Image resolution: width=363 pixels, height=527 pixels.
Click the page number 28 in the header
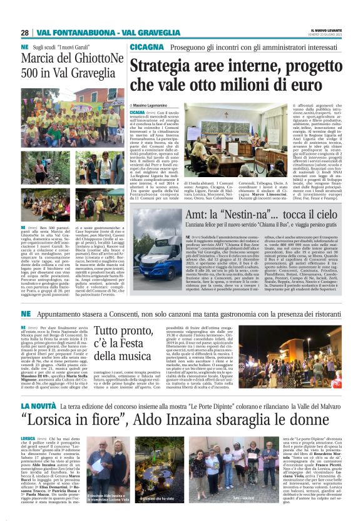(x=24, y=33)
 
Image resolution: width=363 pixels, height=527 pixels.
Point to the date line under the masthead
(x=327, y=35)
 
